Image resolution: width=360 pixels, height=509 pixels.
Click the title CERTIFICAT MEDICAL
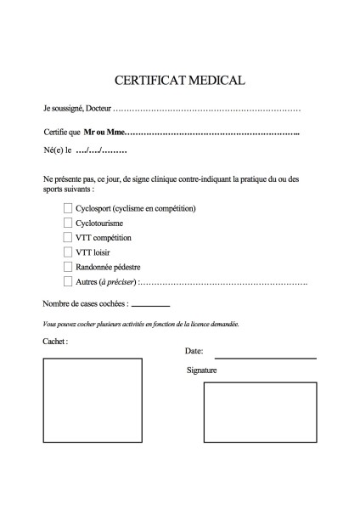pos(179,81)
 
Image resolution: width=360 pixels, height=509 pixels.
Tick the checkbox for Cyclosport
pos(68,208)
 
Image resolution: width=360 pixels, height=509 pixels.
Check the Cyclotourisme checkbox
pos(68,223)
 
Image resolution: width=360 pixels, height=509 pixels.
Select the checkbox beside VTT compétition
pos(68,237)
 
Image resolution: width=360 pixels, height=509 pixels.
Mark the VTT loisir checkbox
pos(68,252)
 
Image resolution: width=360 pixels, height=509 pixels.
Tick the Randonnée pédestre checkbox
pos(68,266)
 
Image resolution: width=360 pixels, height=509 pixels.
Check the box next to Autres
pos(68,280)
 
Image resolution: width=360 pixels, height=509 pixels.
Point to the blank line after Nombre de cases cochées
pos(150,304)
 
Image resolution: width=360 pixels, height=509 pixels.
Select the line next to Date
pos(265,358)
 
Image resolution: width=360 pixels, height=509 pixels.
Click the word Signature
pos(202,370)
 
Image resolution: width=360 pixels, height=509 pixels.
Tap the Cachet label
pos(54,341)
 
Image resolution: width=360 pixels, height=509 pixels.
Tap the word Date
pos(194,351)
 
